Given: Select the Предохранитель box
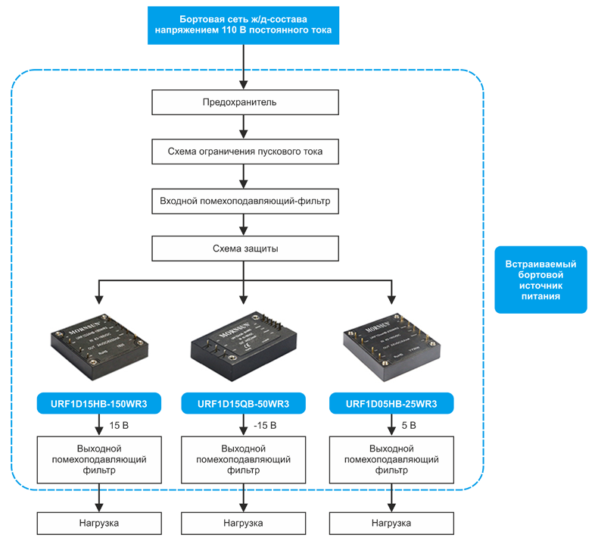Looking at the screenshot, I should point(242,102).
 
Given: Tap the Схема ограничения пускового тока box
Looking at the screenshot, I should point(242,152).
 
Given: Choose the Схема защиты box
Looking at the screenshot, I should point(242,249).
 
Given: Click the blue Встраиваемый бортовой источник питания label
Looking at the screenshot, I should point(540,280).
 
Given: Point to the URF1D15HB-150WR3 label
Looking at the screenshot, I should point(98,404).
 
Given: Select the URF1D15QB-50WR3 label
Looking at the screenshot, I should point(243,404).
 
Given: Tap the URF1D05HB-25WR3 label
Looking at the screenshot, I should point(391,404).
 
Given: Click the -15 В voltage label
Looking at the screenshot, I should point(265,425).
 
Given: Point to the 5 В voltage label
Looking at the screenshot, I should point(410,425).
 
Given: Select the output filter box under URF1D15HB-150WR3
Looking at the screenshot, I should point(98,459).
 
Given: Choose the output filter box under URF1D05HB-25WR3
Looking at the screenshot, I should point(391,459).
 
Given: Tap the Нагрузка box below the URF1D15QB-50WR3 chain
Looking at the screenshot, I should point(243,523).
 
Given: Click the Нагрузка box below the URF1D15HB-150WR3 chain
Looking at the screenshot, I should point(98,523).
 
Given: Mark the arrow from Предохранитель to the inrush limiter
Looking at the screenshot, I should point(242,127).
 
